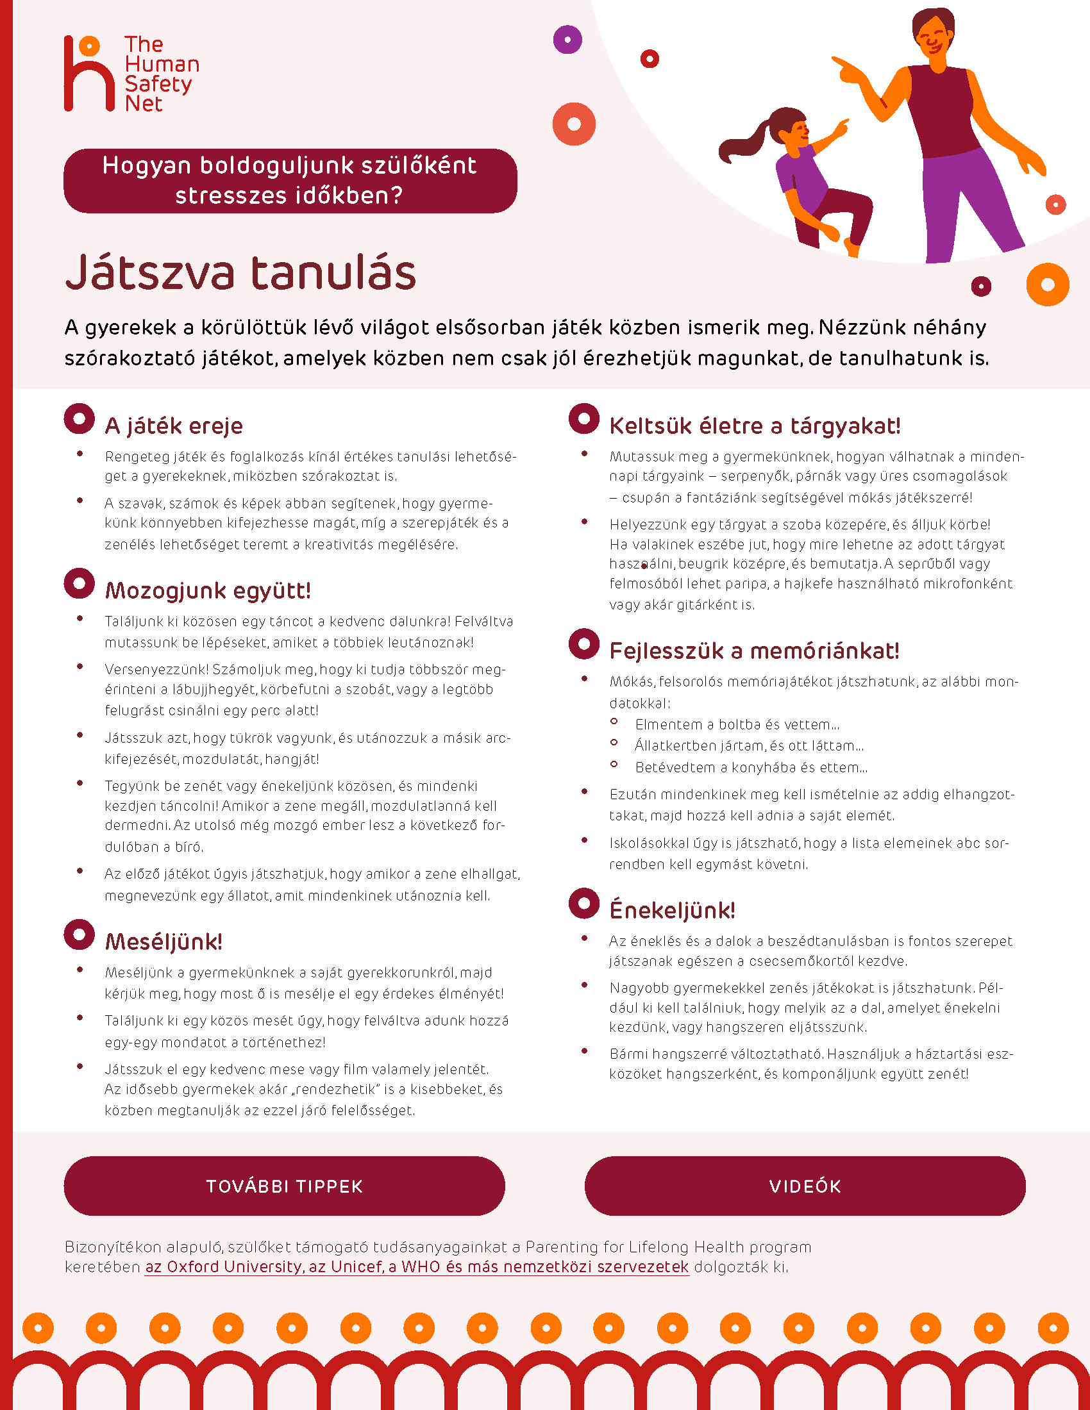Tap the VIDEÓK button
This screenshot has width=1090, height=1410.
tap(805, 1186)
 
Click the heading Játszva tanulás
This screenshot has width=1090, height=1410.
tap(240, 272)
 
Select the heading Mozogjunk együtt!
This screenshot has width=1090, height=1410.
tap(208, 591)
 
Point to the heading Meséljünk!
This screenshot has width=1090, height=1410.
tap(163, 942)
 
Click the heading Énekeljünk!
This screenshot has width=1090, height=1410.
tap(671, 910)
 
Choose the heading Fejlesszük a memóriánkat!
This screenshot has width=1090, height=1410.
tap(753, 651)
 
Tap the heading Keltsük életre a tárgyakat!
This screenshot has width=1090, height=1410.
tap(754, 426)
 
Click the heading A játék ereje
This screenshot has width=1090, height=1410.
tap(174, 426)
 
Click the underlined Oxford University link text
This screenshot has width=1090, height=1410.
tap(417, 1266)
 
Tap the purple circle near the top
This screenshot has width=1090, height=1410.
tap(567, 40)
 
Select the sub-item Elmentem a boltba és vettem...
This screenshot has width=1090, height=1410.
tap(737, 724)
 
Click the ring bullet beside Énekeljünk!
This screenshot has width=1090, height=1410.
tap(583, 904)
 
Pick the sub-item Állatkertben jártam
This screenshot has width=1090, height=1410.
tap(749, 745)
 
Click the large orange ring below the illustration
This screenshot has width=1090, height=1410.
tap(1048, 285)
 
